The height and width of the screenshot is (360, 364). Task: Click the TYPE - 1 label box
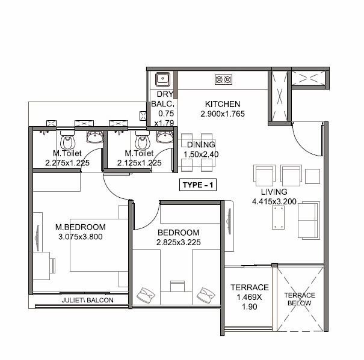(x=198, y=186)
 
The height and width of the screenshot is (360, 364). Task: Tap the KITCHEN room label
(x=222, y=104)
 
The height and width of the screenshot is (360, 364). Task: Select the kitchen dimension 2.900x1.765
(x=222, y=114)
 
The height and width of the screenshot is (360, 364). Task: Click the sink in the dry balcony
(x=161, y=79)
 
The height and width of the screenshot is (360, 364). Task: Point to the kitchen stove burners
(x=223, y=79)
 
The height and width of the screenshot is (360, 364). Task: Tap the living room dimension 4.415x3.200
(x=274, y=202)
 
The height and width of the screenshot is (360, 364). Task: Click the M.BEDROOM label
(x=81, y=227)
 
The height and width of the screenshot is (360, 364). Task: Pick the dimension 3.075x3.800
(x=81, y=237)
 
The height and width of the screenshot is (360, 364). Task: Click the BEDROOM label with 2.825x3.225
(x=178, y=233)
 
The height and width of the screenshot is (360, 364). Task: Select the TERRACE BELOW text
(x=299, y=299)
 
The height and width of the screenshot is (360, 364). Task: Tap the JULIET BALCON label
(x=87, y=300)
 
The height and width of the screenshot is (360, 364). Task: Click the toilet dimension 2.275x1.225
(x=67, y=162)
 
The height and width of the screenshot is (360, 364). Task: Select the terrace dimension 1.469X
(x=249, y=297)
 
